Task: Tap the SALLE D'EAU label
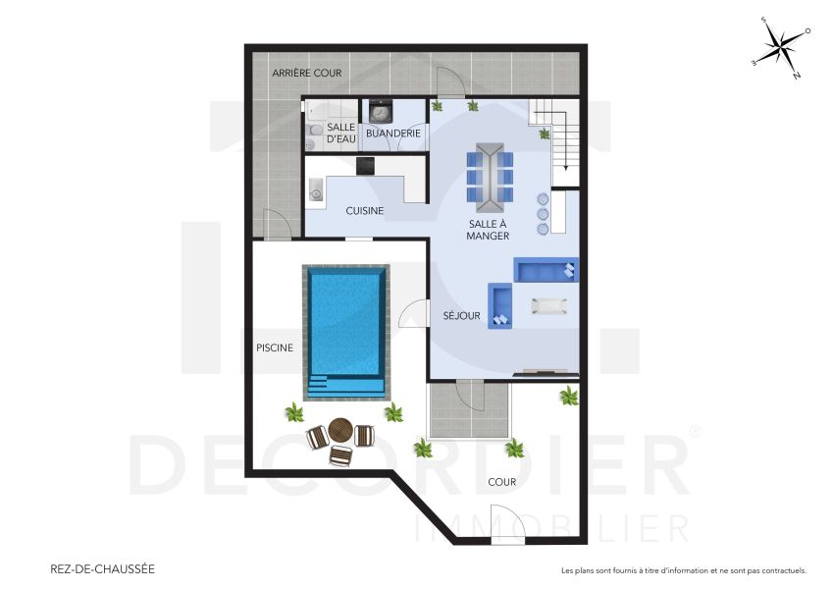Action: pos(340,134)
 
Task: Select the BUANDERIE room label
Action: pos(392,133)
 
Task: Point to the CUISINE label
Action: pos(364,210)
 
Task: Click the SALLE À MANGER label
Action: pos(488,230)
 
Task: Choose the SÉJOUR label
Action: pos(461,316)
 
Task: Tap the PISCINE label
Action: pos(275,347)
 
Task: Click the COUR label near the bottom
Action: pos(501,482)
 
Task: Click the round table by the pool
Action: pos(340,429)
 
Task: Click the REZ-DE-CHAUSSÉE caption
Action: pos(102,568)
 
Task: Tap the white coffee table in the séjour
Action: pos(548,305)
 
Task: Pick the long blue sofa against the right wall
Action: pos(546,270)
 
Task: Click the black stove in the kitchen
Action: pos(365,165)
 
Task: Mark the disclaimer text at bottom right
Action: pos(683,570)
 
